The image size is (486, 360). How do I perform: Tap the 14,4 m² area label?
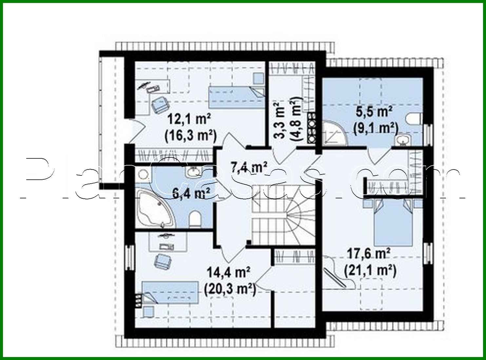(x=229, y=272)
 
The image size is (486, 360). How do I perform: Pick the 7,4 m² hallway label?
(x=249, y=167)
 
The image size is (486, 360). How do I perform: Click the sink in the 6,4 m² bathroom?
(x=193, y=171)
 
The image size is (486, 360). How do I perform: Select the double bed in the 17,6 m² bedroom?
(x=393, y=223)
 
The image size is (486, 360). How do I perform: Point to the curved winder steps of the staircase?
(x=298, y=218)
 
